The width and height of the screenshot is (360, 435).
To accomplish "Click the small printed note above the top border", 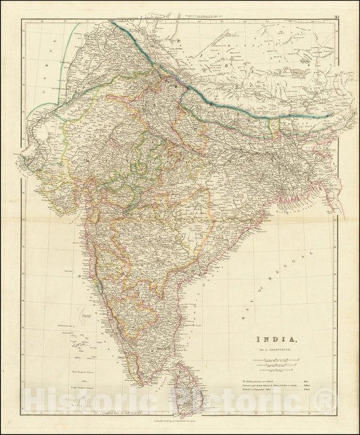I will (x=196, y=15).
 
